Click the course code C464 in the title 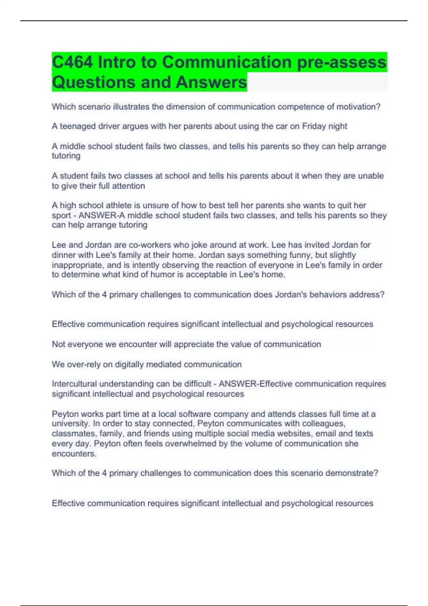(73, 62)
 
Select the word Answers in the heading (211, 82)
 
